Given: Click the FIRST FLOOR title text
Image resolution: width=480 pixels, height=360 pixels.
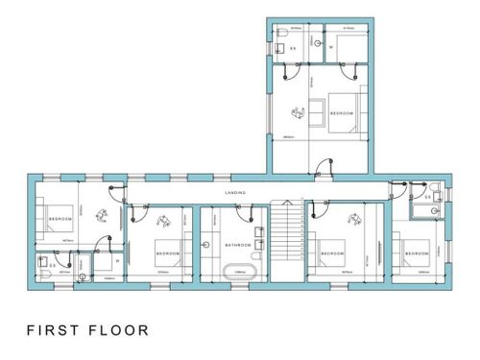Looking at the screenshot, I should click(87, 330).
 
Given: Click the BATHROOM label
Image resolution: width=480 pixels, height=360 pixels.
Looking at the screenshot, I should click(237, 245).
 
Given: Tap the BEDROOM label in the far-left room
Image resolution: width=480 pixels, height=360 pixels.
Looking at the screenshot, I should click(60, 220).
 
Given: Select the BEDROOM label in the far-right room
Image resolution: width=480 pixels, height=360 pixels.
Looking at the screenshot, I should click(416, 253).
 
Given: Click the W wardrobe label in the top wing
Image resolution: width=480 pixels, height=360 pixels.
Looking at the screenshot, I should click(332, 46).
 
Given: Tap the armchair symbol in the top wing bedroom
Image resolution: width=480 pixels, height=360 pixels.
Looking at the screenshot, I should click(299, 112).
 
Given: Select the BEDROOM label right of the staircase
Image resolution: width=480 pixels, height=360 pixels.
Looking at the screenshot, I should click(332, 253).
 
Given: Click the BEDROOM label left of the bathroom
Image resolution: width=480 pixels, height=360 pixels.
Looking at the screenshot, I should click(168, 253).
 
